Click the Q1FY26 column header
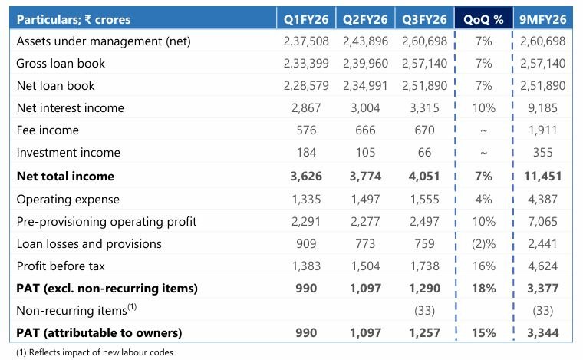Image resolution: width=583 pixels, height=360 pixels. [x=305, y=18]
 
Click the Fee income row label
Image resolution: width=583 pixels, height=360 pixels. [x=48, y=130]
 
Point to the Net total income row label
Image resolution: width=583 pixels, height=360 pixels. [x=65, y=176]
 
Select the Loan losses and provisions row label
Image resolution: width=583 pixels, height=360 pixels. [x=89, y=243]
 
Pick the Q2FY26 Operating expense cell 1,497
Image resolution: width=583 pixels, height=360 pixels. [x=365, y=199]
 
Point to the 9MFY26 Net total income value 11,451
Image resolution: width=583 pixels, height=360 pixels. [x=542, y=176]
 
